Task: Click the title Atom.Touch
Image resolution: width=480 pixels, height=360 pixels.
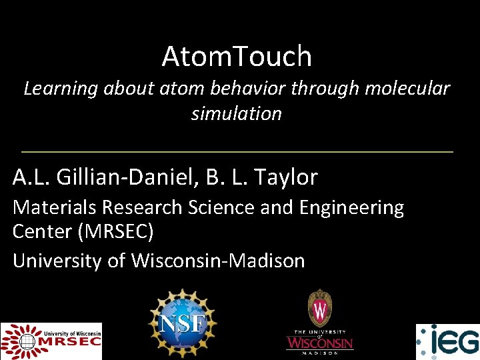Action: (x=237, y=57)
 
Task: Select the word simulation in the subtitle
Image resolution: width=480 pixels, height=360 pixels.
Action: (x=237, y=113)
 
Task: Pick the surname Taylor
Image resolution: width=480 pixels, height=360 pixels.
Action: (x=286, y=177)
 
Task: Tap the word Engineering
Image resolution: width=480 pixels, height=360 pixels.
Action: (x=352, y=208)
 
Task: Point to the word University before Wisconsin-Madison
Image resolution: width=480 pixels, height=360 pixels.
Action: (x=59, y=261)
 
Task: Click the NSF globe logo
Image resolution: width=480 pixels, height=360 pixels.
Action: (x=183, y=324)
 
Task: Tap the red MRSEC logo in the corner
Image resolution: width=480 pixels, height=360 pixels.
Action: (x=51, y=341)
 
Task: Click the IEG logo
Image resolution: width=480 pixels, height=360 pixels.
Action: (x=447, y=341)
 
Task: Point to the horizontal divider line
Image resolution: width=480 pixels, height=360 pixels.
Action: (x=237, y=152)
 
